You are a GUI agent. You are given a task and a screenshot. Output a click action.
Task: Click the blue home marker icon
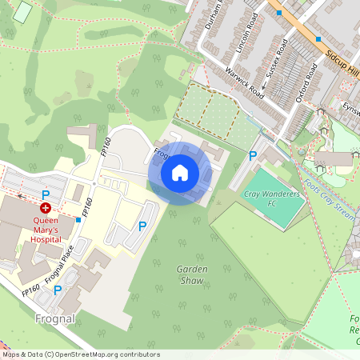(x=180, y=173)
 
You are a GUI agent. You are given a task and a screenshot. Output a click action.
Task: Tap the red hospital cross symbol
(x=46, y=208)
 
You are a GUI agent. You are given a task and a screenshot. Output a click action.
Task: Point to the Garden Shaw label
(x=192, y=274)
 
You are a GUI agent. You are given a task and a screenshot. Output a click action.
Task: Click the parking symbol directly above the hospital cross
(x=46, y=195)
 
